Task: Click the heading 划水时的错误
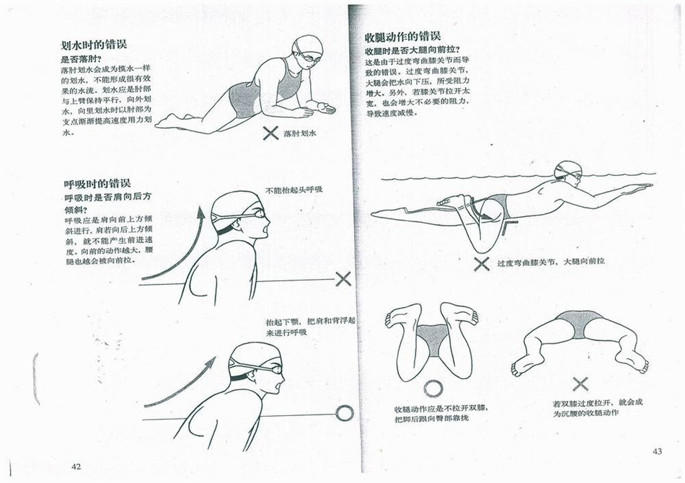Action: pyautogui.click(x=94, y=45)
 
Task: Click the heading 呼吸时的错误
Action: pyautogui.click(x=97, y=183)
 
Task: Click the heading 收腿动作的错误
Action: pyautogui.click(x=402, y=37)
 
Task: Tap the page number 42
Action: pyautogui.click(x=76, y=466)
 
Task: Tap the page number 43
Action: pyautogui.click(x=657, y=451)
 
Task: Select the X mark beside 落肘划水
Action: pyautogui.click(x=271, y=133)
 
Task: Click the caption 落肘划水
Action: pyautogui.click(x=300, y=133)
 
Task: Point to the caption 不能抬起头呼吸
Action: pyautogui.click(x=294, y=190)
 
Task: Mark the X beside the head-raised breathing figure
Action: pyautogui.click(x=343, y=278)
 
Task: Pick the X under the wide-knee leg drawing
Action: pyautogui.click(x=580, y=384)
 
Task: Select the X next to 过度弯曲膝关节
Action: pyautogui.click(x=482, y=264)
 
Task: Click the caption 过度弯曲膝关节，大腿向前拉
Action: pyautogui.click(x=551, y=262)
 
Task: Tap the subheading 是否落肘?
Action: pyautogui.click(x=81, y=59)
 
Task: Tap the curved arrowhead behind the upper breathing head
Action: pyautogui.click(x=201, y=213)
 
